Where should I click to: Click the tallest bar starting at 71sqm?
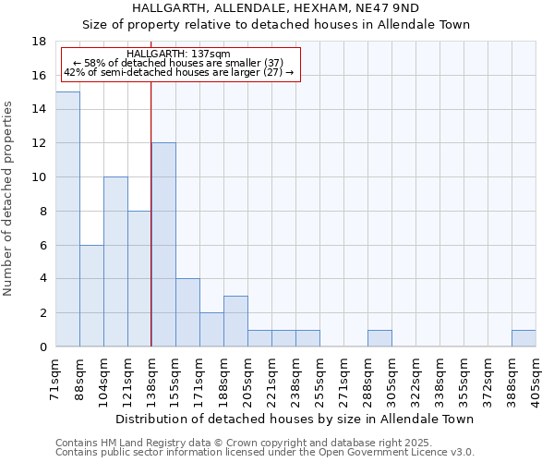click(67, 219)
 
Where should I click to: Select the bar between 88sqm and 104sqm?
click(91, 296)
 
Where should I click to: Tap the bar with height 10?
click(115, 261)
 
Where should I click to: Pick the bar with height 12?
click(163, 245)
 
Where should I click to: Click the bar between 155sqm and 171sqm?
click(187, 312)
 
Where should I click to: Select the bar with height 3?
click(235, 322)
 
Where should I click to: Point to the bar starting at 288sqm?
click(379, 338)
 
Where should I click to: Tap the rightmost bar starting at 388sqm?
click(524, 338)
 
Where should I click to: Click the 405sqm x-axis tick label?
click(536, 379)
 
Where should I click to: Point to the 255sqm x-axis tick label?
click(319, 379)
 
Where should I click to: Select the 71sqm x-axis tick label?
click(55, 379)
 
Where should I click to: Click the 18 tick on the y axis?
click(40, 42)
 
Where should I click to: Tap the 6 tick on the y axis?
click(42, 245)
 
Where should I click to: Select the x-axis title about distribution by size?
click(295, 419)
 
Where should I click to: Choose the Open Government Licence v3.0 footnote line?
click(265, 453)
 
